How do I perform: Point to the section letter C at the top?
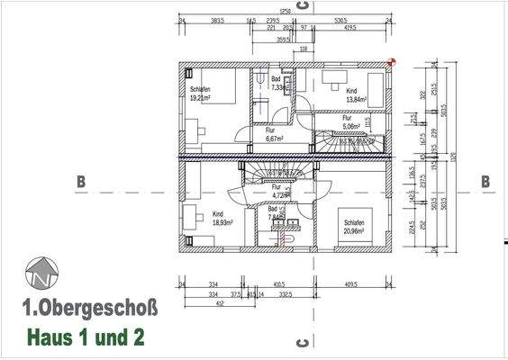tap(304, 5)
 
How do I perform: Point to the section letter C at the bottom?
tap(304, 342)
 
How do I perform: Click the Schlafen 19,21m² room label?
tap(201, 94)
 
